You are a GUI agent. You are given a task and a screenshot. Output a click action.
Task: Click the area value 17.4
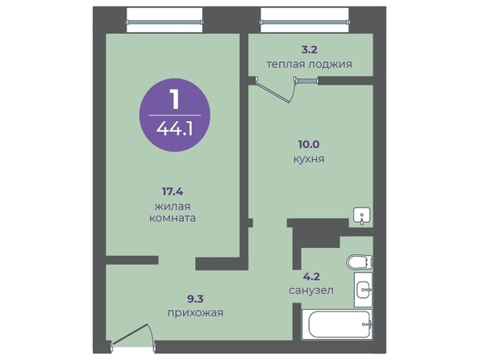point(173,192)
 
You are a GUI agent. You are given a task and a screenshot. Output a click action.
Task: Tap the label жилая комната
point(173,212)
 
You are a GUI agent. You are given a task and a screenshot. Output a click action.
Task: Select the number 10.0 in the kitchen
point(309,144)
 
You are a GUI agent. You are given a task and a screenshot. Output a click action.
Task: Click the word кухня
point(309,159)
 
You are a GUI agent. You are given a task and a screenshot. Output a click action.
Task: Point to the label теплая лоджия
point(309,65)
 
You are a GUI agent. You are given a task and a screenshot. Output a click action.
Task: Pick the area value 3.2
point(309,49)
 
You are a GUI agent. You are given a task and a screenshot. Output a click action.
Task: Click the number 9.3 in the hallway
point(195,298)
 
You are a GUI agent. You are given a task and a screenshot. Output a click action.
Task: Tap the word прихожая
point(195,313)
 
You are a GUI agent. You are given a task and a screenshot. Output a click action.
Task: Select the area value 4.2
point(311,277)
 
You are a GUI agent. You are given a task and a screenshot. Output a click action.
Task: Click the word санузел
point(311,291)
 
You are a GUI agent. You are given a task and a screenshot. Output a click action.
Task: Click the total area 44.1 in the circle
point(175,129)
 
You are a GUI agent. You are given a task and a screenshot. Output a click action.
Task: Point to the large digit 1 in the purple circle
point(175,98)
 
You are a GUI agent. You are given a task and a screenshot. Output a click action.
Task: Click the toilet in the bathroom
point(360,262)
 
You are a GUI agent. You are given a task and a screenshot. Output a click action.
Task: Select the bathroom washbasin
point(363,289)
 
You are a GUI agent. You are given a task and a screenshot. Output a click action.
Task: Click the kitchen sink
point(362,216)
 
